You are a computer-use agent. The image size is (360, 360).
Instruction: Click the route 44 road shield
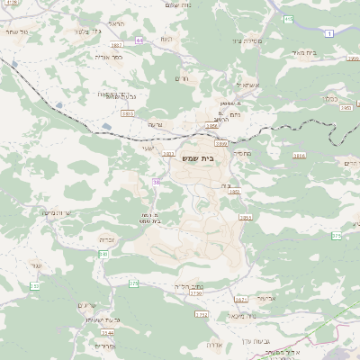pyautogui.click(x=139, y=40)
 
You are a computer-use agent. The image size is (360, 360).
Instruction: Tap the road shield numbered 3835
pyautogui.click(x=128, y=113)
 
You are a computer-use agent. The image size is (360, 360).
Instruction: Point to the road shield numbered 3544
pyautogui.click(x=108, y=332)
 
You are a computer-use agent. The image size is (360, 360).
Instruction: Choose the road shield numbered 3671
pyautogui.click(x=240, y=300)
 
